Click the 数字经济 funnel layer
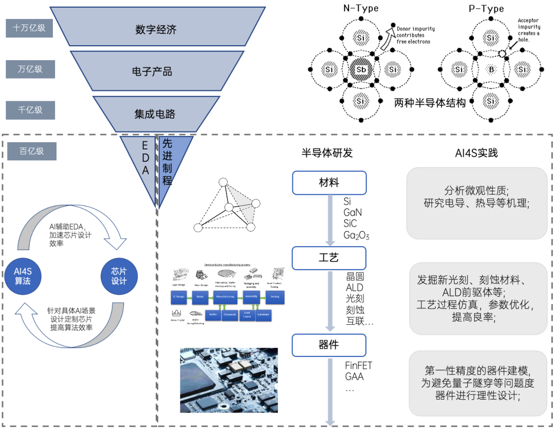point(156,29)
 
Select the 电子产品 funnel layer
point(152,71)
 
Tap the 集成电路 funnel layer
point(155,114)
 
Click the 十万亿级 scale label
point(30,28)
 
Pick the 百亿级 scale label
point(32,151)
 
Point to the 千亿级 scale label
point(30,109)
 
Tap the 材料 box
point(329,183)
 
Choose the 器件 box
point(329,345)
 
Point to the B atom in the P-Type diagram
point(491,69)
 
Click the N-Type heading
point(361,8)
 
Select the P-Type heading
point(486,9)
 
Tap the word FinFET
point(359,366)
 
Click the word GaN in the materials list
point(353,212)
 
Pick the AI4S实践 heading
point(476,153)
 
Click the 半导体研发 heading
point(327,153)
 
